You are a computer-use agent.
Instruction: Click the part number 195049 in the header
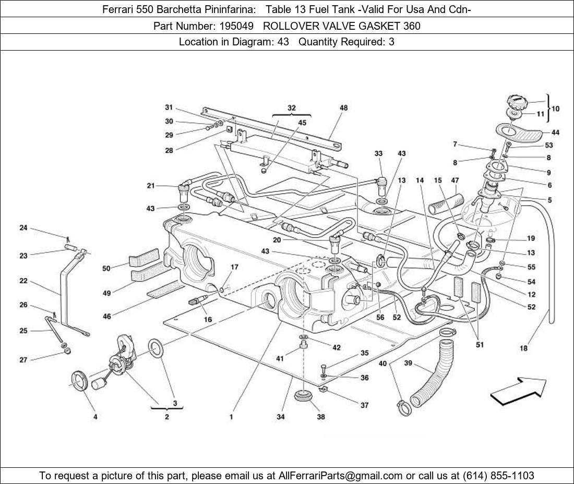236,26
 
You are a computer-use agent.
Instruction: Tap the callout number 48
343,108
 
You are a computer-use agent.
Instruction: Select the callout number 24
23,228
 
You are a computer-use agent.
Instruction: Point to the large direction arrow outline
518,392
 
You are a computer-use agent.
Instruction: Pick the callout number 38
321,417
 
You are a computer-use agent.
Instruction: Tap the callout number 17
234,267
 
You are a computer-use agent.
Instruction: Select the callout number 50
106,269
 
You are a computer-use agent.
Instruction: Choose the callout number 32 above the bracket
291,108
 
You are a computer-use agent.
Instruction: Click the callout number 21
151,186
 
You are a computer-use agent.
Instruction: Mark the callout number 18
523,348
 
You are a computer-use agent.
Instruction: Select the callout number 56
380,317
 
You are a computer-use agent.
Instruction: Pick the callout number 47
455,180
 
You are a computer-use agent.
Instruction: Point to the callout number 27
23,360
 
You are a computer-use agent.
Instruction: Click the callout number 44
555,132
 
